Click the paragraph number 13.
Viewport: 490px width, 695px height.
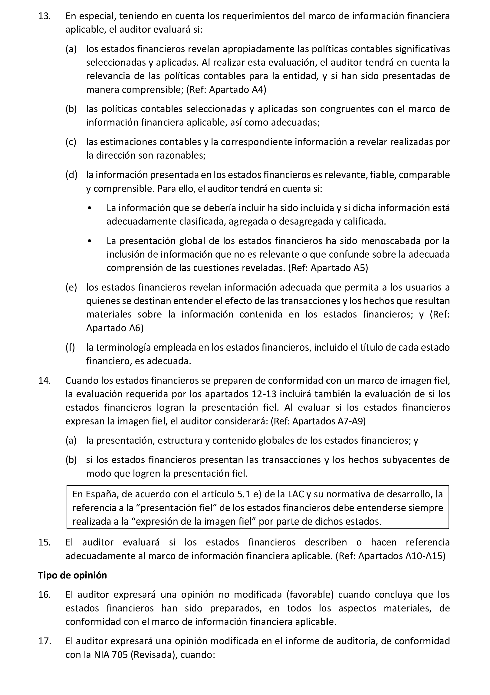point(44,16)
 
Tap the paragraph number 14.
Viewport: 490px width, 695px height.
point(44,380)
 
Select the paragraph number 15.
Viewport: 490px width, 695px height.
point(44,542)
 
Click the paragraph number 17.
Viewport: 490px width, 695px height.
point(44,641)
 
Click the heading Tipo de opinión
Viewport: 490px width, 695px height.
point(72,575)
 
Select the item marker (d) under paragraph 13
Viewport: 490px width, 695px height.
point(71,175)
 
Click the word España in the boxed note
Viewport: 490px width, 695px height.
point(99,494)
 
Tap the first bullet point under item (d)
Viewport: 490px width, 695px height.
point(89,208)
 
